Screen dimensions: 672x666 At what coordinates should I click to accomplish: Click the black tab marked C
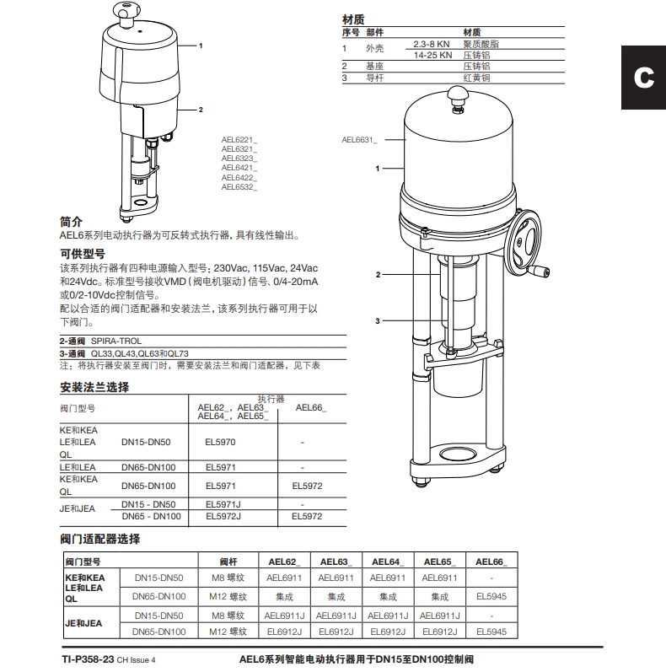(643, 78)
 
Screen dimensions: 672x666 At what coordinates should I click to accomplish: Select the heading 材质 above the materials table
(353, 19)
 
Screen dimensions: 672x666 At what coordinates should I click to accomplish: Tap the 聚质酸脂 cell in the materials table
(476, 43)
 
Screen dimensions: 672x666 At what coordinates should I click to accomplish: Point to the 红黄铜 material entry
(476, 78)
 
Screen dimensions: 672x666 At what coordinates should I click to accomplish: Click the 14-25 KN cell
(432, 54)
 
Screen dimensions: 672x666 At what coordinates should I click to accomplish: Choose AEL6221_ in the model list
(239, 137)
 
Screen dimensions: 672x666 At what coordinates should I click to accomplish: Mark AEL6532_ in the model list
(239, 186)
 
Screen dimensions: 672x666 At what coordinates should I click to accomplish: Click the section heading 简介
(71, 222)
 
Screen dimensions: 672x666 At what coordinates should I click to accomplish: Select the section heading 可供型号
(82, 252)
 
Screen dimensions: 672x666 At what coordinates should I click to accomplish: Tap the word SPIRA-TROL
(116, 341)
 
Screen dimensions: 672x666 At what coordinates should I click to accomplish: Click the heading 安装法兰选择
(94, 388)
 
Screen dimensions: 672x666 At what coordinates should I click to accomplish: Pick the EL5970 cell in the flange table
(221, 441)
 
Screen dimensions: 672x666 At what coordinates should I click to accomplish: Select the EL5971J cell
(223, 503)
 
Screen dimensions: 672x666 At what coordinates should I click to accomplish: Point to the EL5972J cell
(223, 516)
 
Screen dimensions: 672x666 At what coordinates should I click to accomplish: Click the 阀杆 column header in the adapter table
(228, 562)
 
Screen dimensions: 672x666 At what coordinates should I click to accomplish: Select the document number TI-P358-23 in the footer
(88, 659)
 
